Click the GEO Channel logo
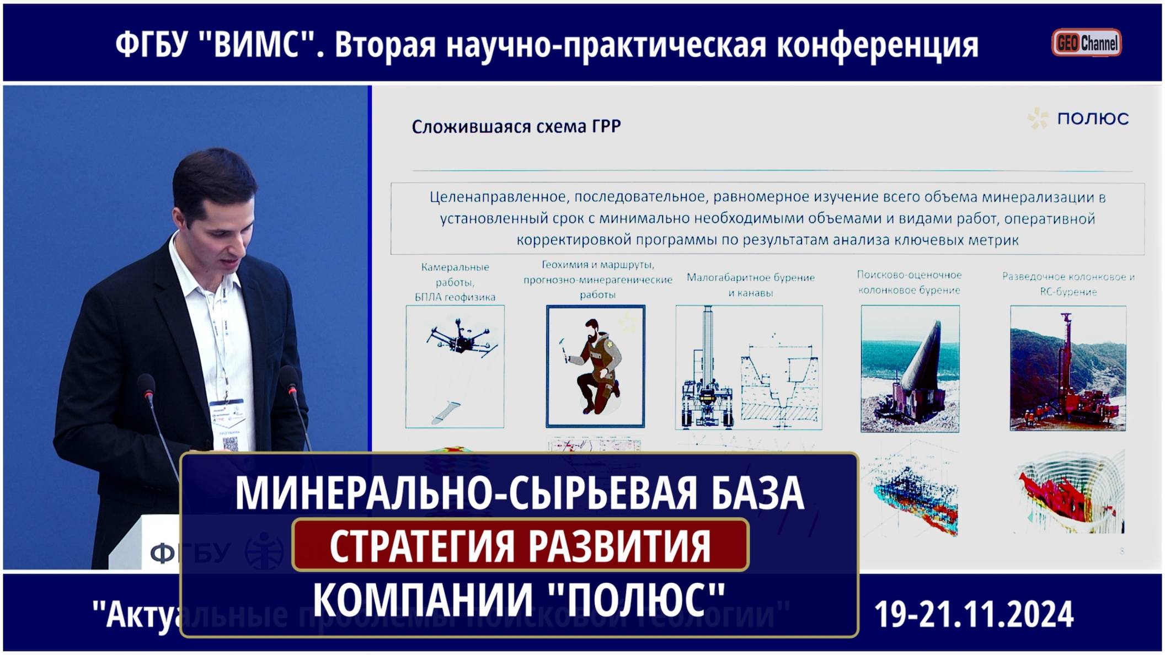pos(1086,43)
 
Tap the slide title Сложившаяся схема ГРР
pos(516,127)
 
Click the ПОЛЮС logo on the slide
pos(1079,119)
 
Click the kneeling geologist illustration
pos(595,366)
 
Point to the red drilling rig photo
pos(1068,368)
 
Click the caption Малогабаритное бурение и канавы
pos(750,285)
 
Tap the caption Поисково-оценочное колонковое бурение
pos(909,282)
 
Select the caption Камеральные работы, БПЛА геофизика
pos(455,282)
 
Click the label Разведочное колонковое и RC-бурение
pos(1068,284)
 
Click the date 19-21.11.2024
pos(974,614)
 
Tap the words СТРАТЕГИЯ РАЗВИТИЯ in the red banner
pos(520,545)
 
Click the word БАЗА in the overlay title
pos(757,492)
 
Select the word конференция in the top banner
pos(878,44)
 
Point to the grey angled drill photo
pos(910,368)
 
